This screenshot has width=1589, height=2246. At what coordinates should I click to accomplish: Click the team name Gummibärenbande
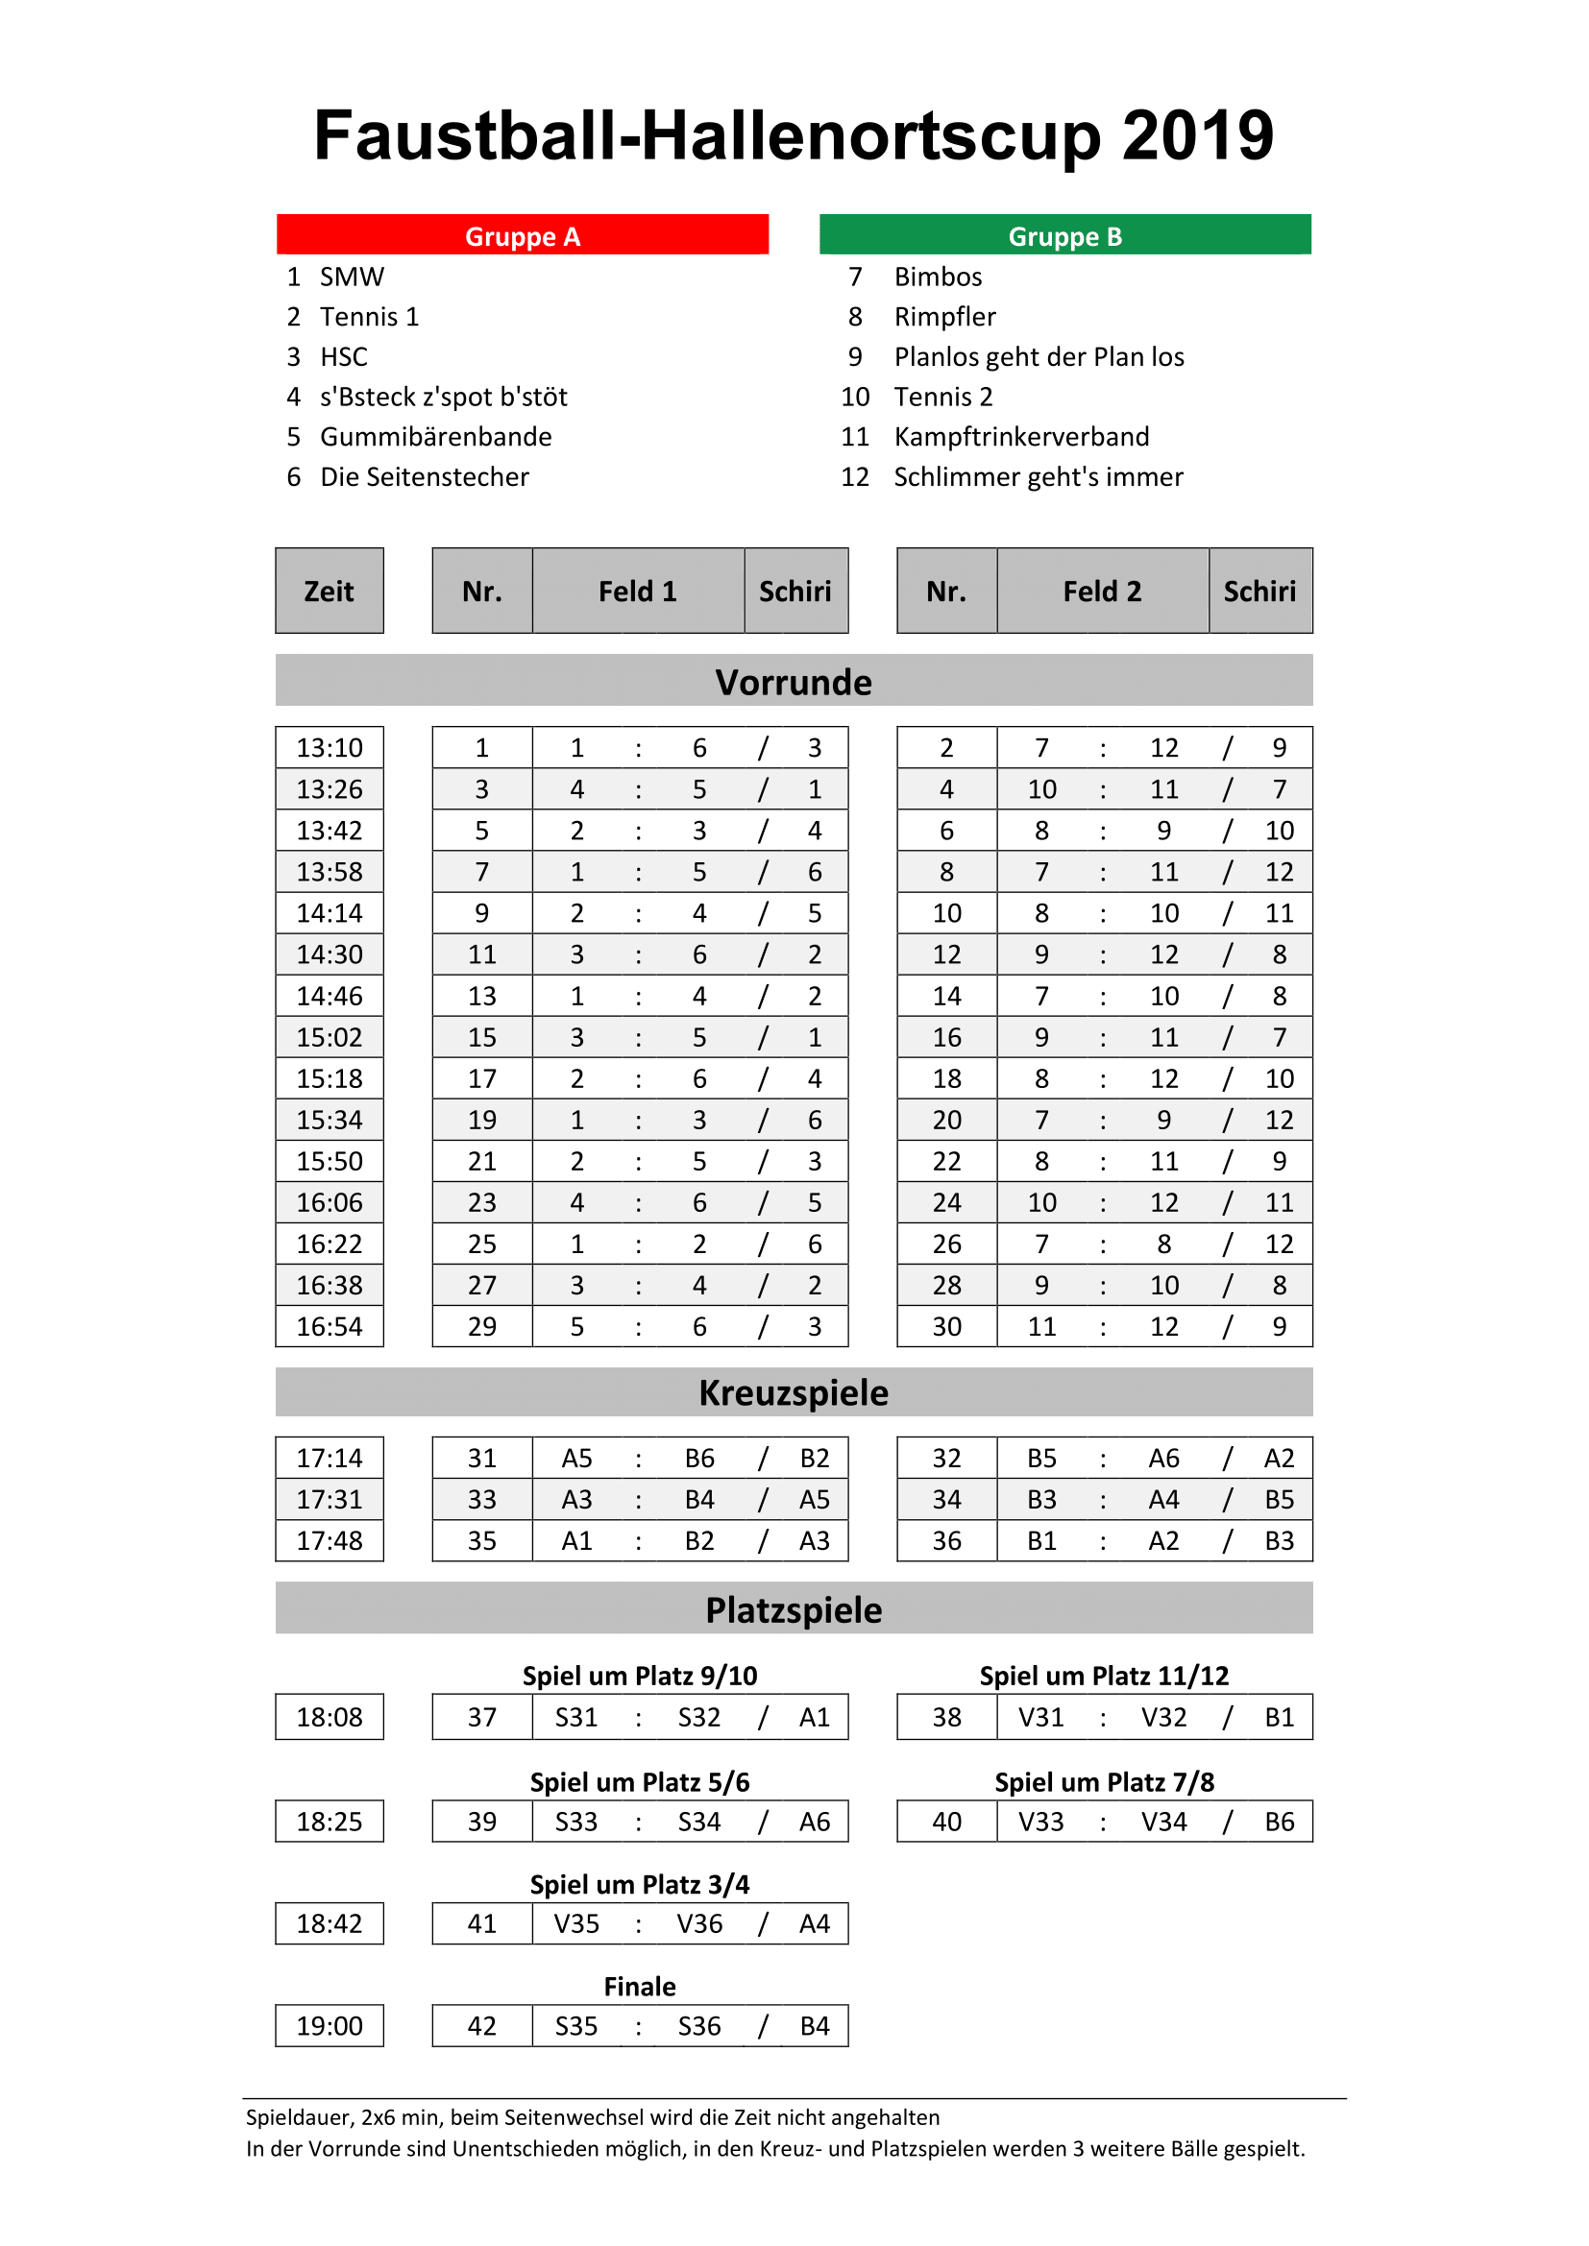click(x=435, y=436)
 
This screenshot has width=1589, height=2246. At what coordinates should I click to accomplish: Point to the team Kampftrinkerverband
click(x=1020, y=436)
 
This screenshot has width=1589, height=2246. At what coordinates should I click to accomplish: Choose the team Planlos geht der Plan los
click(x=1039, y=357)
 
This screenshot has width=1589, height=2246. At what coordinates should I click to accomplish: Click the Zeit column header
click(x=329, y=591)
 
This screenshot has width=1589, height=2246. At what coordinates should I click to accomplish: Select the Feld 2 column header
click(x=1102, y=591)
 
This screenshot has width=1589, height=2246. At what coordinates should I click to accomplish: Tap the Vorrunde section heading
click(x=794, y=682)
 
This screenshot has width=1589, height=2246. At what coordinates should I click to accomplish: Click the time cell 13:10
click(x=329, y=748)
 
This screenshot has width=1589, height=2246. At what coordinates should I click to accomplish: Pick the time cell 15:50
click(x=329, y=1161)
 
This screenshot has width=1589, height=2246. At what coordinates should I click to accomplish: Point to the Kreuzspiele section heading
click(x=794, y=1393)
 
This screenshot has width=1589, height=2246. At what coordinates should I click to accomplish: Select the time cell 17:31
click(x=329, y=1500)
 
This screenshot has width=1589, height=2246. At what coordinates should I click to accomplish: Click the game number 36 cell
click(x=946, y=1540)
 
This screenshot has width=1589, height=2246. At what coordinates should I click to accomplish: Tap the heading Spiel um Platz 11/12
click(x=1104, y=1676)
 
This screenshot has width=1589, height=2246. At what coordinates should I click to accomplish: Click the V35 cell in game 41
click(x=576, y=1924)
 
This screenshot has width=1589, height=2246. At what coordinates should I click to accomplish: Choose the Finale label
click(x=640, y=1987)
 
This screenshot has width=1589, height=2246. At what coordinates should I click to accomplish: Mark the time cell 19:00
click(x=329, y=2026)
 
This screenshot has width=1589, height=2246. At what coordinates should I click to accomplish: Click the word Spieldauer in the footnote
click(x=300, y=2118)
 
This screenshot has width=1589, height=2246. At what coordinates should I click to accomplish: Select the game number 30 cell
click(x=946, y=1326)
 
